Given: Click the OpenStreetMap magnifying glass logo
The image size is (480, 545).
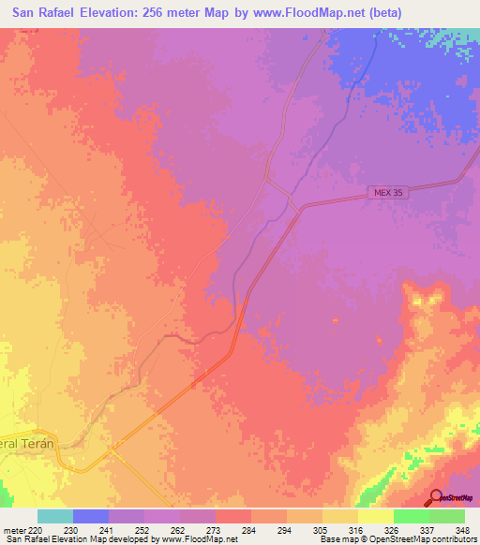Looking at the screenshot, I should (437, 497).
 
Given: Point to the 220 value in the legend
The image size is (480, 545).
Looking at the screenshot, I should (35, 529).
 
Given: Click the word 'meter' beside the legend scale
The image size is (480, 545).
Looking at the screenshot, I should (13, 529).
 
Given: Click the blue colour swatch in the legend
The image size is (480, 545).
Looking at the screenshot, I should (91, 516).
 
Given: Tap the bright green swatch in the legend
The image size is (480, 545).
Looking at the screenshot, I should (411, 516).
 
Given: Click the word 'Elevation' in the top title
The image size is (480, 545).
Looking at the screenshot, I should (138, 13).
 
